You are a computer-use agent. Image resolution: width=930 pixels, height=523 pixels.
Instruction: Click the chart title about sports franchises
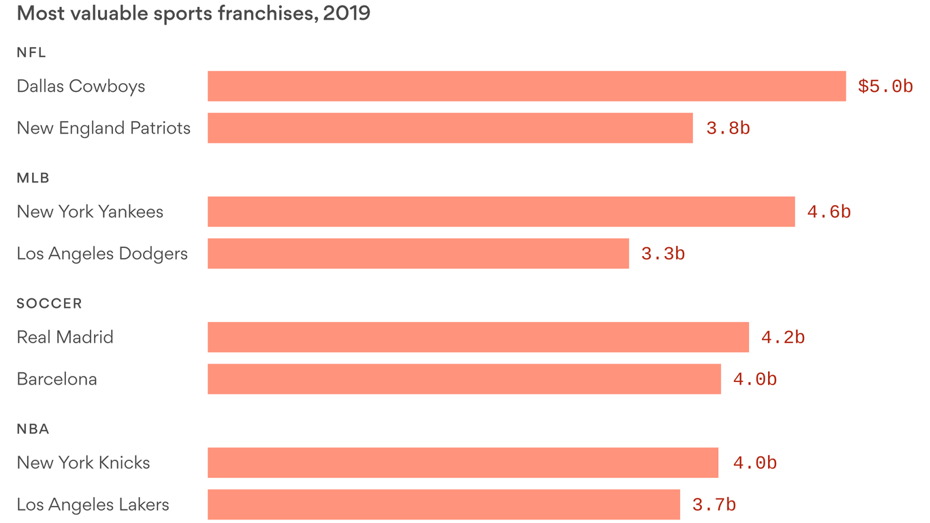pos(193,14)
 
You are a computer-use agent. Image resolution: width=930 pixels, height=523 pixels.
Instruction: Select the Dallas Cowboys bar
pos(526,86)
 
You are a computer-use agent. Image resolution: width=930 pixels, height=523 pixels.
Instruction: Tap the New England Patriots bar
pos(450,128)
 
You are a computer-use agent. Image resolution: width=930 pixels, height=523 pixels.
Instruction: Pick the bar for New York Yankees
pos(501,212)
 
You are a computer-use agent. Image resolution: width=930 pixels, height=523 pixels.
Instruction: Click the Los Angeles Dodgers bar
pos(418,253)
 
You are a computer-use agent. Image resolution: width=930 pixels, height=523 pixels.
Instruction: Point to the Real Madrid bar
pos(478,337)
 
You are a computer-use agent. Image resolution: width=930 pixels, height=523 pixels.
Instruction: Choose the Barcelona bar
pos(464,379)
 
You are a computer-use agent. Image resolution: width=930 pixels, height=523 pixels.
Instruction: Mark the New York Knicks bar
pos(463,463)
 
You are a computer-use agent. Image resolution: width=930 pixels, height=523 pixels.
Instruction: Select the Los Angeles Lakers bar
pos(444,505)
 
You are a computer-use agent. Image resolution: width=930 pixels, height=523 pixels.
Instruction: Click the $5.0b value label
pos(885,86)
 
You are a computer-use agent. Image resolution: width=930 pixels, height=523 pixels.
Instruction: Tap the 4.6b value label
pos(829,212)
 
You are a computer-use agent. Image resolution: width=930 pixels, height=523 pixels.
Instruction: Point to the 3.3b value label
pos(662,254)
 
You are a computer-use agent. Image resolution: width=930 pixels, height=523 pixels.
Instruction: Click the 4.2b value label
pos(783,338)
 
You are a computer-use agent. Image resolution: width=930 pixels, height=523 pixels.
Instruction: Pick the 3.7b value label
pos(713,505)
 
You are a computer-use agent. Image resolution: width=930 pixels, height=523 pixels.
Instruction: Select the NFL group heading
pos(31,52)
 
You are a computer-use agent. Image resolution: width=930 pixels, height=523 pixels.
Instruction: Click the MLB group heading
pos(33,178)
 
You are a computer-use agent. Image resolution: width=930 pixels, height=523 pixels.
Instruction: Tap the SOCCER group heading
pos(49,304)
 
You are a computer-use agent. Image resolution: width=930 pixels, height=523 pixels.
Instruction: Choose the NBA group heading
pos(33,429)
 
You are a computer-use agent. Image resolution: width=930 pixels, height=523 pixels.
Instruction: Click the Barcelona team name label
pos(57,379)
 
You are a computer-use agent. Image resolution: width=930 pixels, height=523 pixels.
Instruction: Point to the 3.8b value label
pos(728,129)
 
